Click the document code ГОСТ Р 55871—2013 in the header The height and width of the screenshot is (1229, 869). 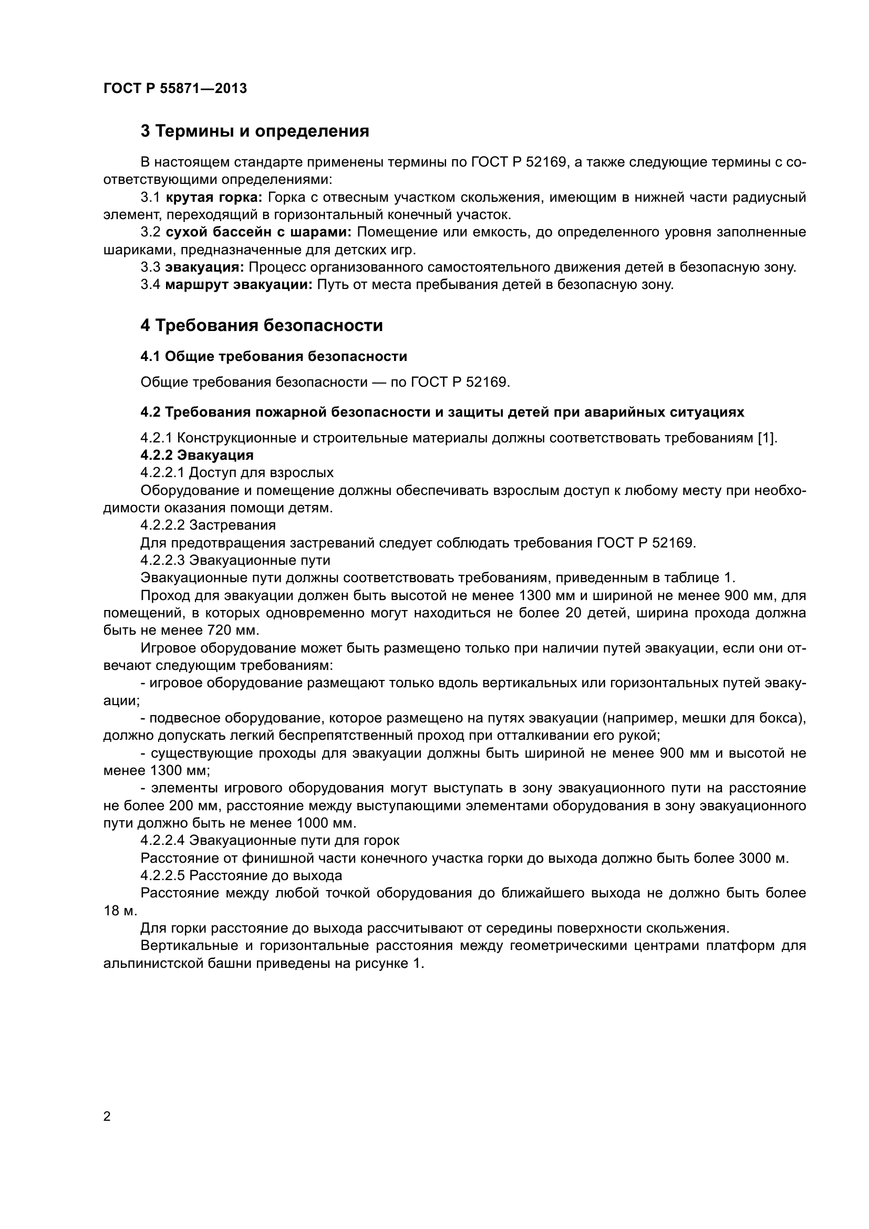[x=175, y=89]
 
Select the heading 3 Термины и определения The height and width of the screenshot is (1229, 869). [x=255, y=131]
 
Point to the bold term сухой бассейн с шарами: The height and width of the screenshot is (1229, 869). [x=258, y=232]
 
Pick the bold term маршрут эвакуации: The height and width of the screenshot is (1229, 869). [x=239, y=285]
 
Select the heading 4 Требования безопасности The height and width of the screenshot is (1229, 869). [x=262, y=325]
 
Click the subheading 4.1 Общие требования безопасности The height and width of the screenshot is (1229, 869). [x=273, y=356]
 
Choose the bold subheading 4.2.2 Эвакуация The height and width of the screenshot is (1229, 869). [x=197, y=456]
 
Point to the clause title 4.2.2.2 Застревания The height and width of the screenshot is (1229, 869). [x=208, y=525]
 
